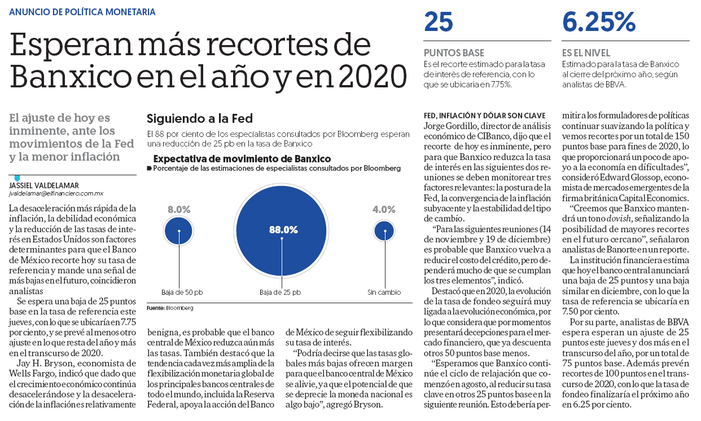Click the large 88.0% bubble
tap(281, 231)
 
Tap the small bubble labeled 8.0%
tap(179, 231)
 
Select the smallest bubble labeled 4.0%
tap(384, 231)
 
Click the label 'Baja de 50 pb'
tap(182, 293)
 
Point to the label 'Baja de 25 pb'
tap(280, 293)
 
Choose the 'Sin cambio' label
tap(384, 293)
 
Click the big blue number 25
tap(439, 22)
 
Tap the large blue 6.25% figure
tap(599, 22)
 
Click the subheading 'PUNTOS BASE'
tap(454, 52)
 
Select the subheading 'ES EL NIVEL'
tap(586, 52)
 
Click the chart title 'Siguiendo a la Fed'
tap(200, 118)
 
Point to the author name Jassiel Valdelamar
tap(44, 185)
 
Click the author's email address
tap(56, 193)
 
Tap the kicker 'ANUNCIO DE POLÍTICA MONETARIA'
tap(82, 12)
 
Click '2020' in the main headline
tap(373, 77)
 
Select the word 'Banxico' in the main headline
tap(71, 77)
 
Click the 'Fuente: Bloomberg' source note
tap(170, 308)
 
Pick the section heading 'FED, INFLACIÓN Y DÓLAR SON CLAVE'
tap(484, 116)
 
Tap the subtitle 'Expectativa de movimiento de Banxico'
tap(242, 159)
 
